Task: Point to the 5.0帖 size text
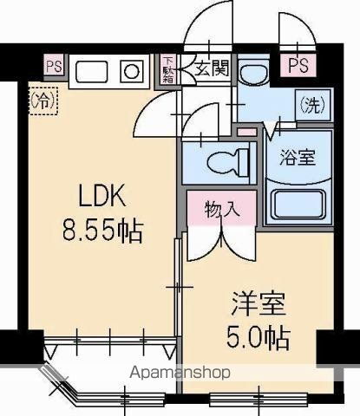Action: (x=259, y=338)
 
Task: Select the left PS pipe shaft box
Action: (x=53, y=66)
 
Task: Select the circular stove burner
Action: (x=131, y=72)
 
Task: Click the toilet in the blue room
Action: (x=228, y=160)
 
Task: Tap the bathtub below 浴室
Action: (x=298, y=205)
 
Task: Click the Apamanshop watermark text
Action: (x=180, y=374)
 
